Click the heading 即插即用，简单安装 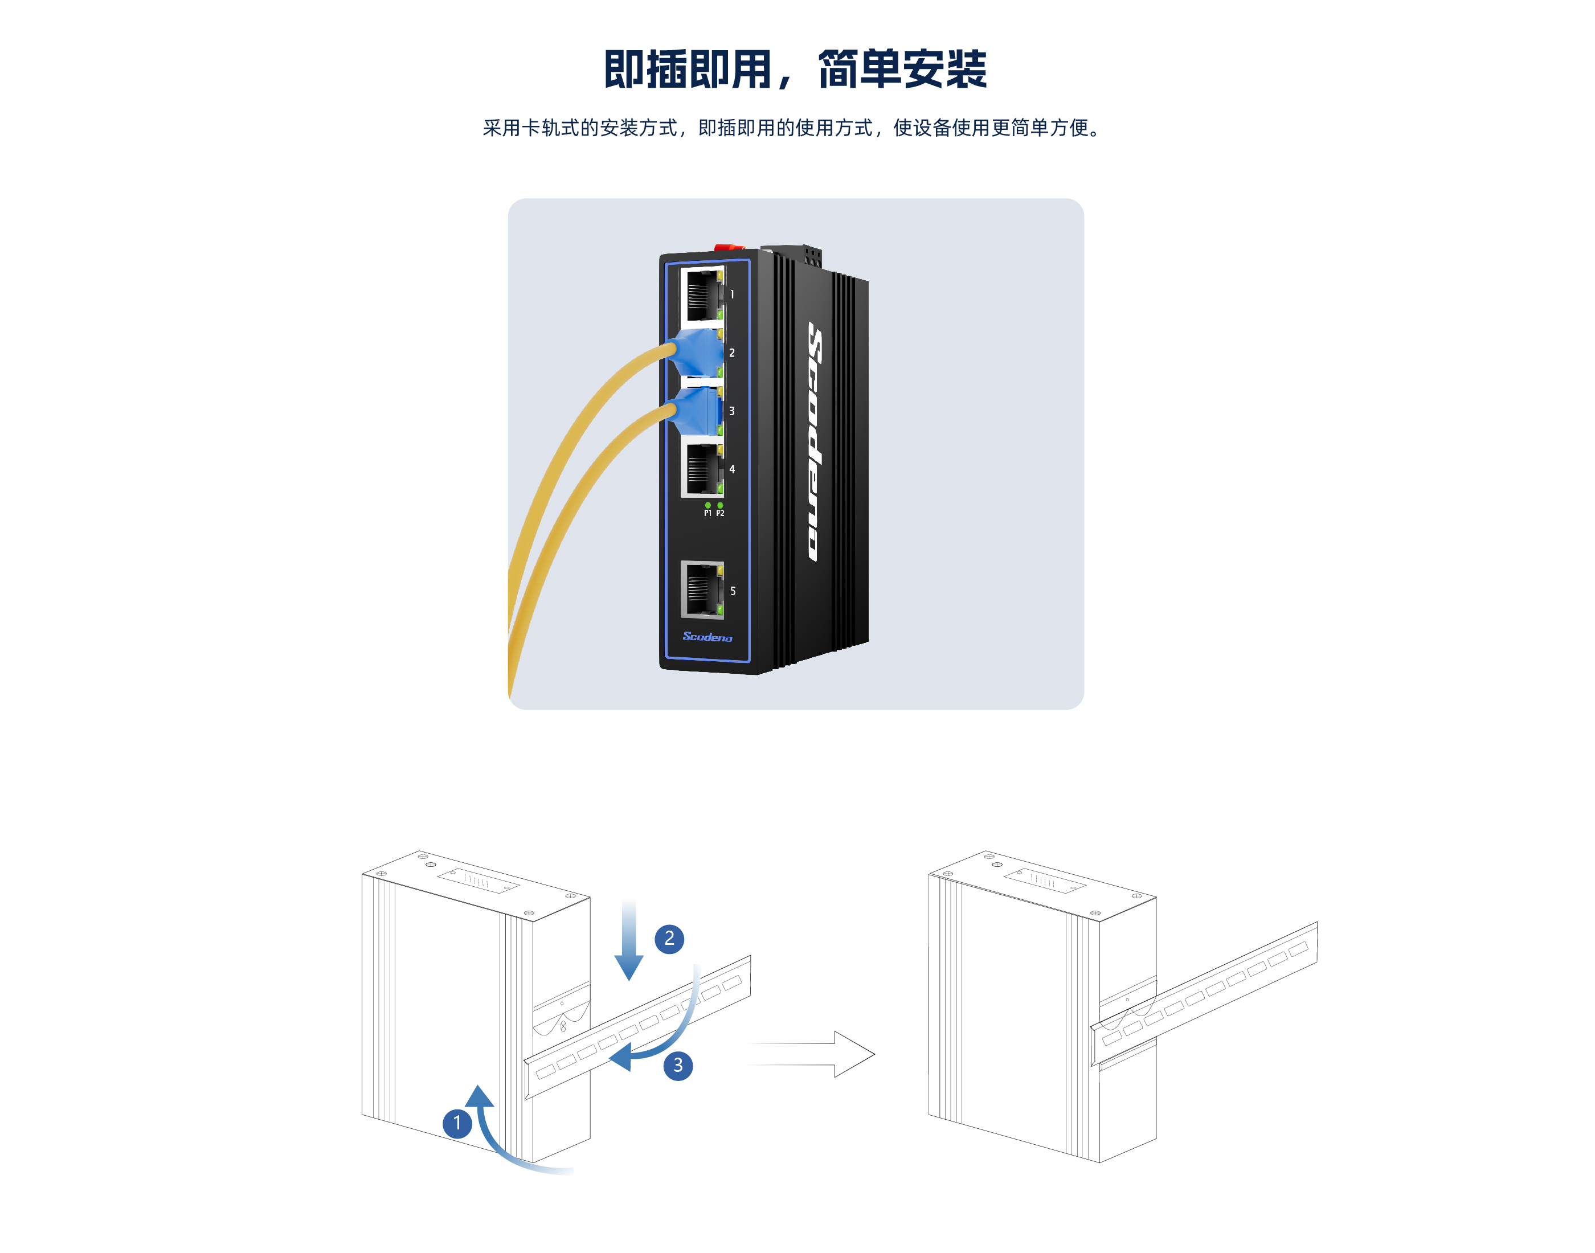pyautogui.click(x=795, y=69)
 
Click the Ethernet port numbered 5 pyautogui.click(x=702, y=590)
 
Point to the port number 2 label pyautogui.click(x=731, y=353)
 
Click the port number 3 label pyautogui.click(x=731, y=411)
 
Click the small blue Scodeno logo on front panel pyautogui.click(x=707, y=637)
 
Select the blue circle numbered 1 pyautogui.click(x=457, y=1123)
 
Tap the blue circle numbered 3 pyautogui.click(x=678, y=1065)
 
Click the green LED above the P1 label pyautogui.click(x=707, y=505)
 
